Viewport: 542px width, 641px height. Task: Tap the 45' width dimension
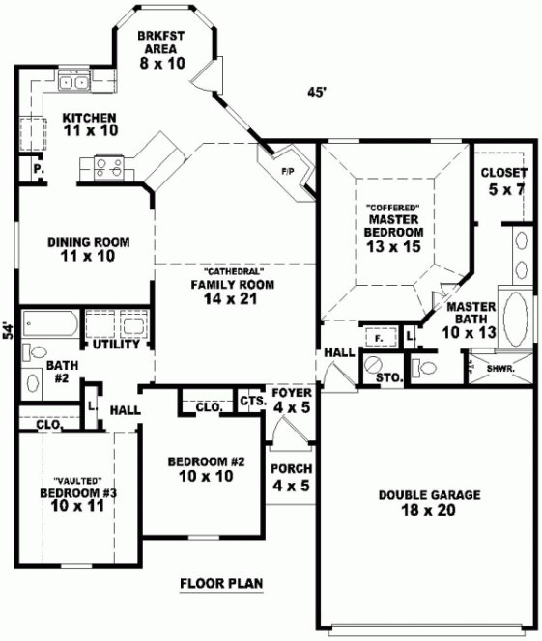pyautogui.click(x=315, y=92)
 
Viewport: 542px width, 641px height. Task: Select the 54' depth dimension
pyautogui.click(x=8, y=331)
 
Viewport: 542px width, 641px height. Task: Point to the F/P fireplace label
pyautogui.click(x=287, y=171)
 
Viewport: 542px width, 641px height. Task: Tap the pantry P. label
pyautogui.click(x=38, y=170)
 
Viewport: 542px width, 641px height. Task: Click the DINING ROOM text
pyautogui.click(x=88, y=242)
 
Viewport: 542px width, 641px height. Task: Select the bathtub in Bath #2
pyautogui.click(x=48, y=321)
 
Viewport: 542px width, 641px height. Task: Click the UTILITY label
pyautogui.click(x=116, y=345)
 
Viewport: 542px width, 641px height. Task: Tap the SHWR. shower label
pyautogui.click(x=500, y=369)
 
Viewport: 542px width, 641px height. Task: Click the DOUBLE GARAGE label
pyautogui.click(x=429, y=495)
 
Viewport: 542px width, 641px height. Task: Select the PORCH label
pyautogui.click(x=291, y=469)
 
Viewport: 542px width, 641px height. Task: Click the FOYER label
pyautogui.click(x=290, y=394)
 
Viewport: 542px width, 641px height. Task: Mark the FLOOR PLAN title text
pyautogui.click(x=222, y=583)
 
